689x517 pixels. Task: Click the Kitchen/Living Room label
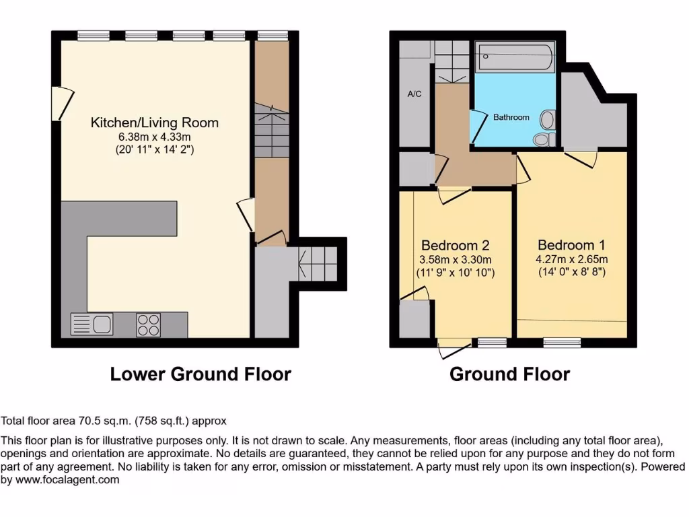155,123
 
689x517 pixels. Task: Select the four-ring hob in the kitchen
148,324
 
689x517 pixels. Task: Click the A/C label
414,94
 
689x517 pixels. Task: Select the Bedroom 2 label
455,245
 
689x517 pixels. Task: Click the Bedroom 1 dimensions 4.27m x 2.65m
572,259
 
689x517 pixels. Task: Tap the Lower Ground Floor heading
201,374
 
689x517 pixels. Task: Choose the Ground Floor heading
509,374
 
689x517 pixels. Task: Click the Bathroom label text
511,117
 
